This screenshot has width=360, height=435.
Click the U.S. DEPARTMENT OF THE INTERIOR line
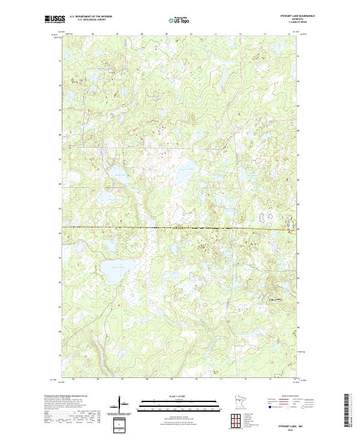point(91,17)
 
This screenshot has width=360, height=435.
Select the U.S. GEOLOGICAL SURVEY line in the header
point(91,20)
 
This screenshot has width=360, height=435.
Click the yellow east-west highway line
point(180,227)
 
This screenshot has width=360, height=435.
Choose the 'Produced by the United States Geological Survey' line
point(66,397)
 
